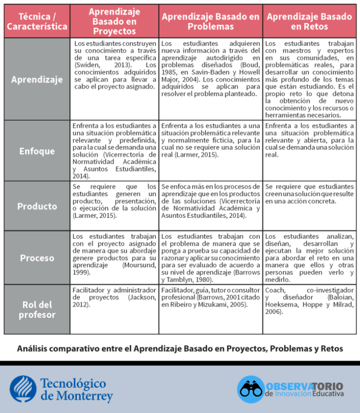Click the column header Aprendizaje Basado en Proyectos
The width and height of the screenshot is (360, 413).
tap(114, 21)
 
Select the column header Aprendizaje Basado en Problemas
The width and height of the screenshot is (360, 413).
tap(210, 21)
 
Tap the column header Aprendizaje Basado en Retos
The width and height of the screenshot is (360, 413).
tap(309, 21)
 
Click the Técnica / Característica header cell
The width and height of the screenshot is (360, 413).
tap(37, 21)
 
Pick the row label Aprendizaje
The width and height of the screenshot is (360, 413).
tap(37, 80)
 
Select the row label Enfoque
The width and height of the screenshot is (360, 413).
tap(37, 151)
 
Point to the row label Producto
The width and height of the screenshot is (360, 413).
tap(37, 206)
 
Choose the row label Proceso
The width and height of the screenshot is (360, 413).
tap(37, 258)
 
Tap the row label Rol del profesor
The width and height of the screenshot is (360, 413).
tap(37, 310)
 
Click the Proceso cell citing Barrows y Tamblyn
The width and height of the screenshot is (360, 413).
tap(210, 258)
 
